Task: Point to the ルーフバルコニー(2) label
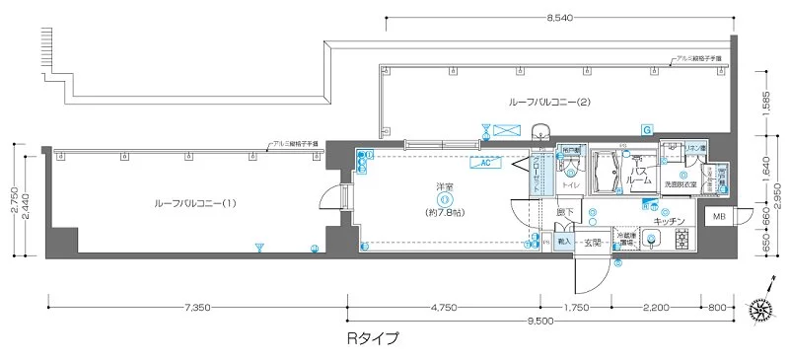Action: pyautogui.click(x=548, y=102)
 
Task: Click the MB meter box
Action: pyautogui.click(x=716, y=216)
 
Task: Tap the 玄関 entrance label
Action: pyautogui.click(x=592, y=242)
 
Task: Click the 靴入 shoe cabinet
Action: pyautogui.click(x=564, y=242)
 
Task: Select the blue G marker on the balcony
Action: pyautogui.click(x=646, y=129)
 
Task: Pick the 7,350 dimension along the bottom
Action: pyautogui.click(x=197, y=308)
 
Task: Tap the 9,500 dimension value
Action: pyautogui.click(x=539, y=321)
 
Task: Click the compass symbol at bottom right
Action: pyautogui.click(x=761, y=309)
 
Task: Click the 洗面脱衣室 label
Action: pyautogui.click(x=681, y=184)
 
